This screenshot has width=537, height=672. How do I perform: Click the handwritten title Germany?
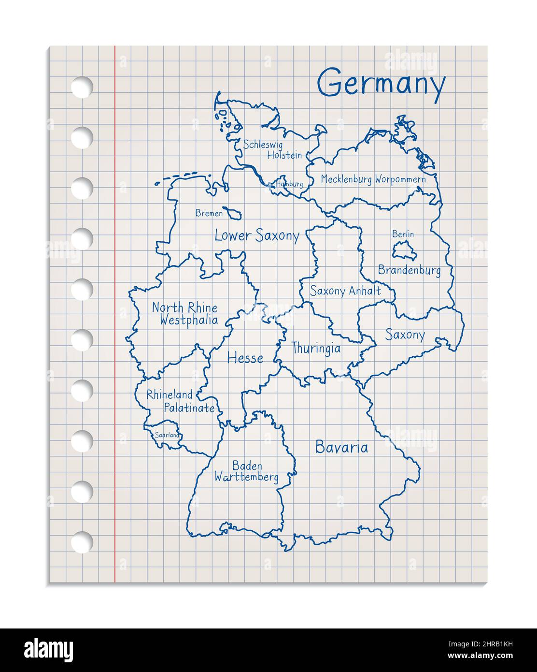point(381,85)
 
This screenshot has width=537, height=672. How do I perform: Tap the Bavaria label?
point(341,447)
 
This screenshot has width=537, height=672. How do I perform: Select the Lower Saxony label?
point(257,236)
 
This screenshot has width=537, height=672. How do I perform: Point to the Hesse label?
point(245,358)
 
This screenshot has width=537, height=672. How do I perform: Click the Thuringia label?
point(316,348)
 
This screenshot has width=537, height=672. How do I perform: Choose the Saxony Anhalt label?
point(345,291)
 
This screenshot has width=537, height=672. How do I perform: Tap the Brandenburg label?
point(409,270)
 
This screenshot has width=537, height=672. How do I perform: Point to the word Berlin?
point(403,234)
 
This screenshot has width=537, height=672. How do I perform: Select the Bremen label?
point(209,213)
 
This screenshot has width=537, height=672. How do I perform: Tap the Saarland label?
point(167,435)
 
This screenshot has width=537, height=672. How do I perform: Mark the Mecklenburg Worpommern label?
point(373,179)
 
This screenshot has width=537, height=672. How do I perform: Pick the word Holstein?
point(284,155)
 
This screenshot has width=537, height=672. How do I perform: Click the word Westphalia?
point(188,320)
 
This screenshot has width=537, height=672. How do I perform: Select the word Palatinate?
point(189,408)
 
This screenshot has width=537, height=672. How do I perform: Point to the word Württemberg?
point(247,478)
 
